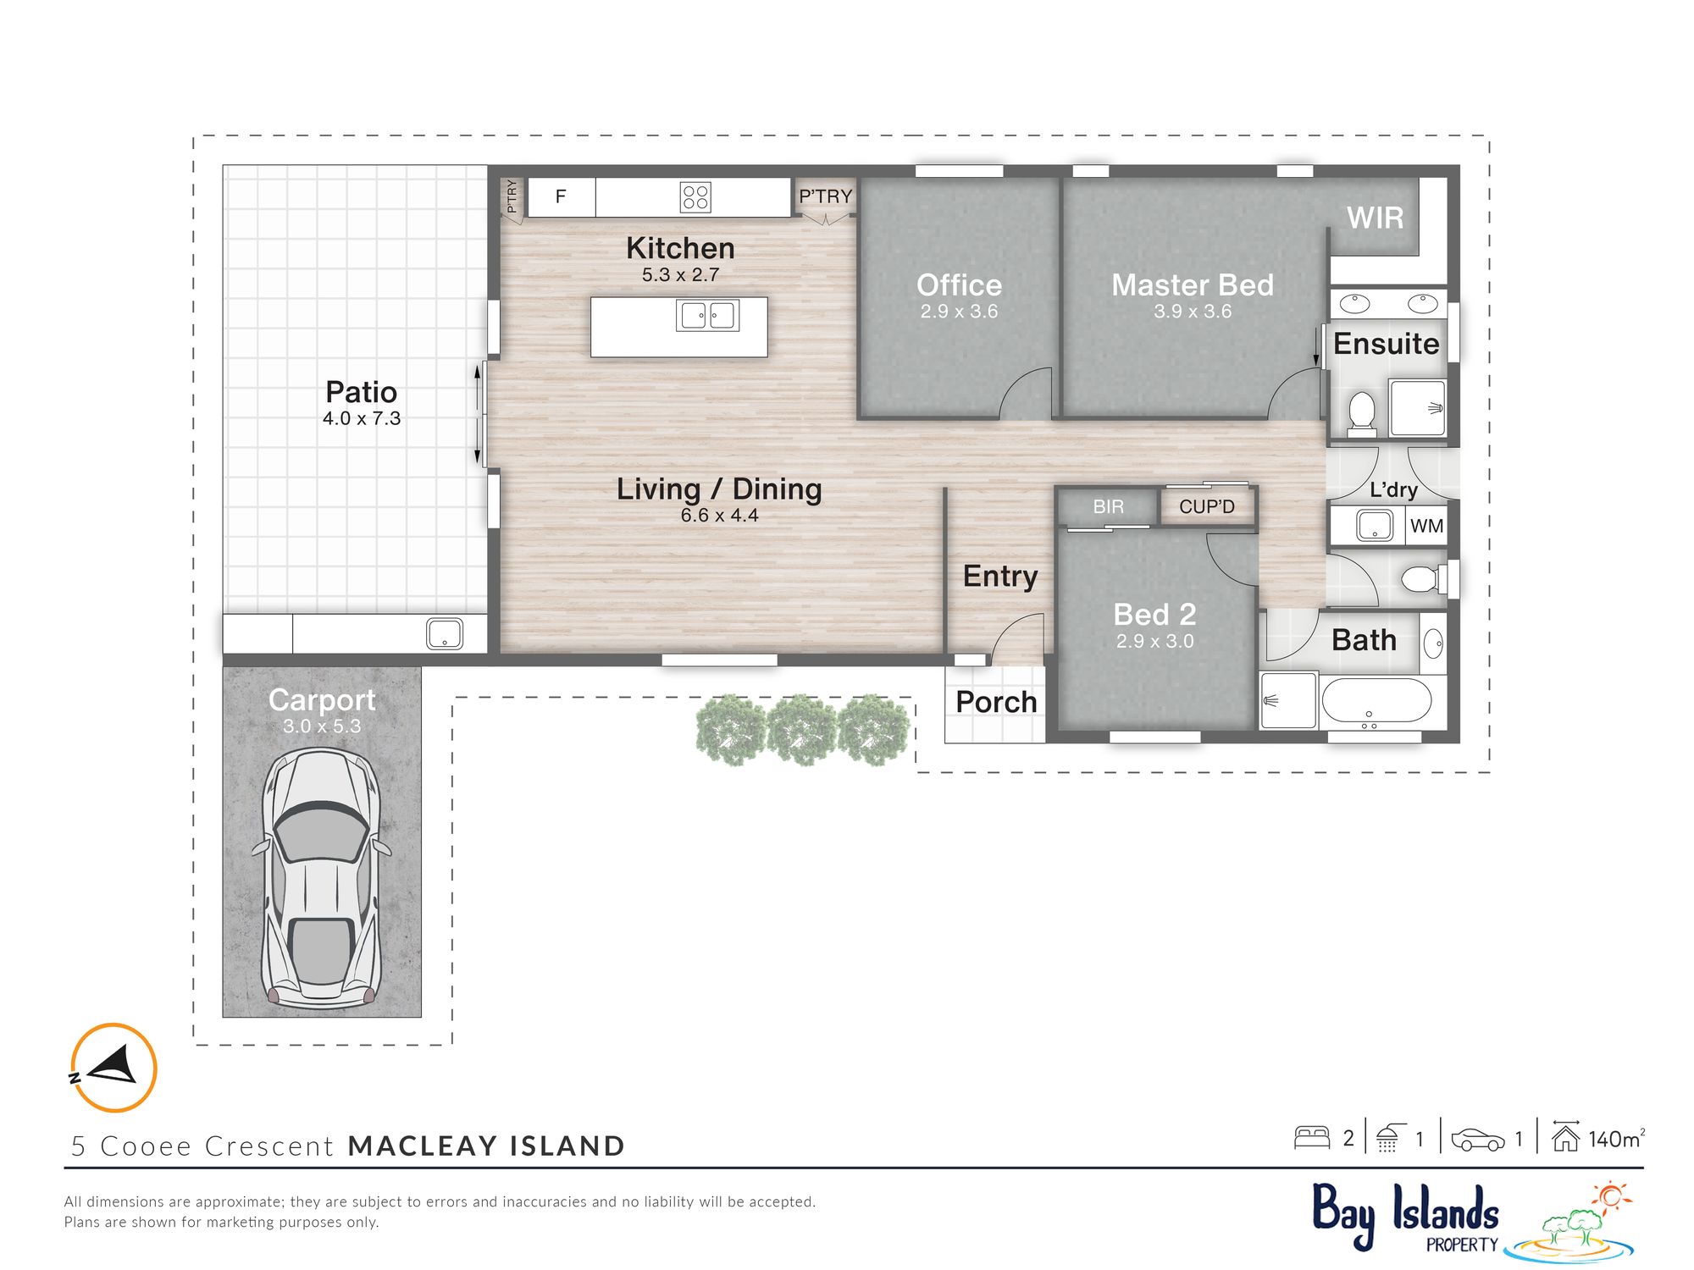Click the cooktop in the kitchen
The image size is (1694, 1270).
coord(695,197)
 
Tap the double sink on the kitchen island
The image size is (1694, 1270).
coord(707,316)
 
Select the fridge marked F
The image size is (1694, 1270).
coord(561,197)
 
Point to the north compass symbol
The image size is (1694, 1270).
coord(113,1067)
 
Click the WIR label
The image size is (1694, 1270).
coord(1375,218)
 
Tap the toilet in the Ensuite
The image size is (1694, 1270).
coord(1361,414)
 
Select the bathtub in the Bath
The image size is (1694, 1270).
coord(1376,702)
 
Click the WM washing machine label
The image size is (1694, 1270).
coord(1426,526)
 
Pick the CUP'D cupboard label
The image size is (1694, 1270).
coord(1207,506)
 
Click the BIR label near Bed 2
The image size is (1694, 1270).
coord(1108,506)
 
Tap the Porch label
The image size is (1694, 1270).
coord(996,702)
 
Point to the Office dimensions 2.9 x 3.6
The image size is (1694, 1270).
coord(959,312)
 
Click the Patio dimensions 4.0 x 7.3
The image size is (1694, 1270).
coord(362,418)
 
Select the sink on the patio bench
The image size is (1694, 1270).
coord(445,634)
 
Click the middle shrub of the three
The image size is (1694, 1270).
coord(802,730)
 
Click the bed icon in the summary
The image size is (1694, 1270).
coord(1312,1137)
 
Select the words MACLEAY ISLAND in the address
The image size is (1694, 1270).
coord(486,1146)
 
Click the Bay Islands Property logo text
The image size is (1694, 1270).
coord(1406,1217)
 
